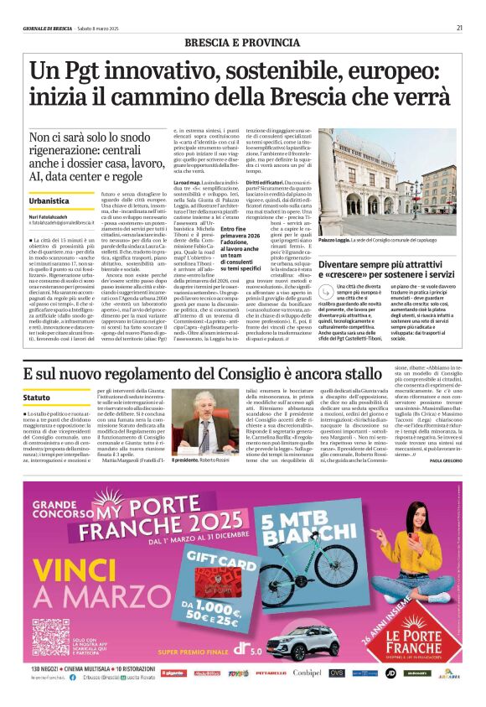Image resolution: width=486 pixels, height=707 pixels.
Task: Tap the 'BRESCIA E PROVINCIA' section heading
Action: [x=243, y=42]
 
